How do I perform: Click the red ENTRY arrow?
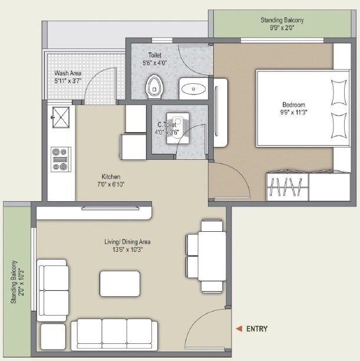[x=239, y=329]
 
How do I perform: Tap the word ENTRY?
[x=257, y=329]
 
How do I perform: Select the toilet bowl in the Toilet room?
[x=154, y=86]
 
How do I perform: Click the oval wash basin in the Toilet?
[x=193, y=89]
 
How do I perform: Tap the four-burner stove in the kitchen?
[x=60, y=159]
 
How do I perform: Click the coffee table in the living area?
[x=120, y=283]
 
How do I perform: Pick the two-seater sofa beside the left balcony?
[x=52, y=290]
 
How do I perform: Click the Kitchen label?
[x=111, y=177]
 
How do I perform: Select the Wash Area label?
[x=68, y=74]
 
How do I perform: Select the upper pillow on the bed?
[x=339, y=92]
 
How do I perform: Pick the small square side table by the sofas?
[x=52, y=337]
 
